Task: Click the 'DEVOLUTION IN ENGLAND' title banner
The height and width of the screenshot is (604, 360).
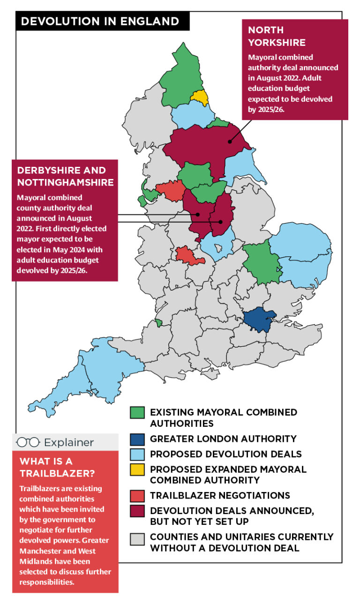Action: coord(100,21)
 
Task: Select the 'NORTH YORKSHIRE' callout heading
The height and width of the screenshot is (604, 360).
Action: coord(277,36)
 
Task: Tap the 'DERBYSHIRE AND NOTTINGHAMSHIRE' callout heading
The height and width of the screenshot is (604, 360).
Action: coord(65,176)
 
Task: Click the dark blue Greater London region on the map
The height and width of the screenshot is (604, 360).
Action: coord(259,319)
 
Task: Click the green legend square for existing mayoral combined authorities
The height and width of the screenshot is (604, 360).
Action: coord(137,412)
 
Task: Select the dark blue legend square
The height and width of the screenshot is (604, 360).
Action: coord(137,439)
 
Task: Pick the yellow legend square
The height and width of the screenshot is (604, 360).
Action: coord(137,469)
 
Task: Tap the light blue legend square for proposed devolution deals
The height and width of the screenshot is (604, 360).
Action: coord(137,454)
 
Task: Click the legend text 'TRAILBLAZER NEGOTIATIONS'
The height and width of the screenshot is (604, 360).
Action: coord(220,495)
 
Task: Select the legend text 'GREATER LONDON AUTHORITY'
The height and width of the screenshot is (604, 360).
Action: coord(223,439)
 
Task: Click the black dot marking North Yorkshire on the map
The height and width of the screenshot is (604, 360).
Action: coord(230,141)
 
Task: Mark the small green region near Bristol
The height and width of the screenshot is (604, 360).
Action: coord(159,322)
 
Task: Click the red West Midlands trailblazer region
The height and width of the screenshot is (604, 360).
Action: coord(187,254)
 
